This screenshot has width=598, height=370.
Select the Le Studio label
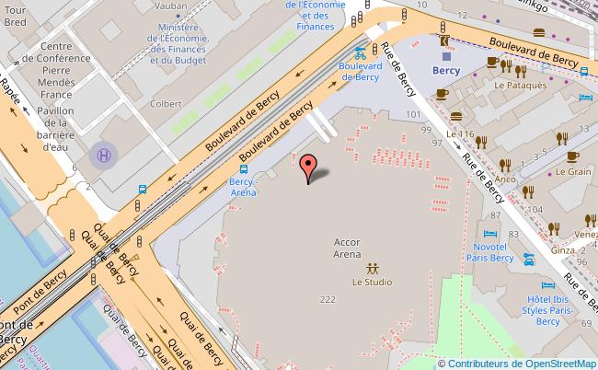point(372,283)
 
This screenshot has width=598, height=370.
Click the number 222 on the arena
point(327,301)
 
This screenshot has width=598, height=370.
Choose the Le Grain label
point(580,171)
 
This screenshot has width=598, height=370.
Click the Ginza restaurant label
point(562,250)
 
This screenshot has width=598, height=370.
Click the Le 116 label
point(460,134)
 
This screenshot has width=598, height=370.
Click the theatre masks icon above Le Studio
point(372,268)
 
